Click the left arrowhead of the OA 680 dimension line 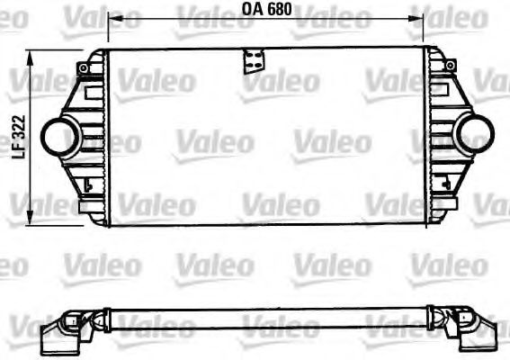112,18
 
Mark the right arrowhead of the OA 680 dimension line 421,18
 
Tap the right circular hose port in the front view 474,136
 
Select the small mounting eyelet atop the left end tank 84,67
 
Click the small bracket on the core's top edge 250,61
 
